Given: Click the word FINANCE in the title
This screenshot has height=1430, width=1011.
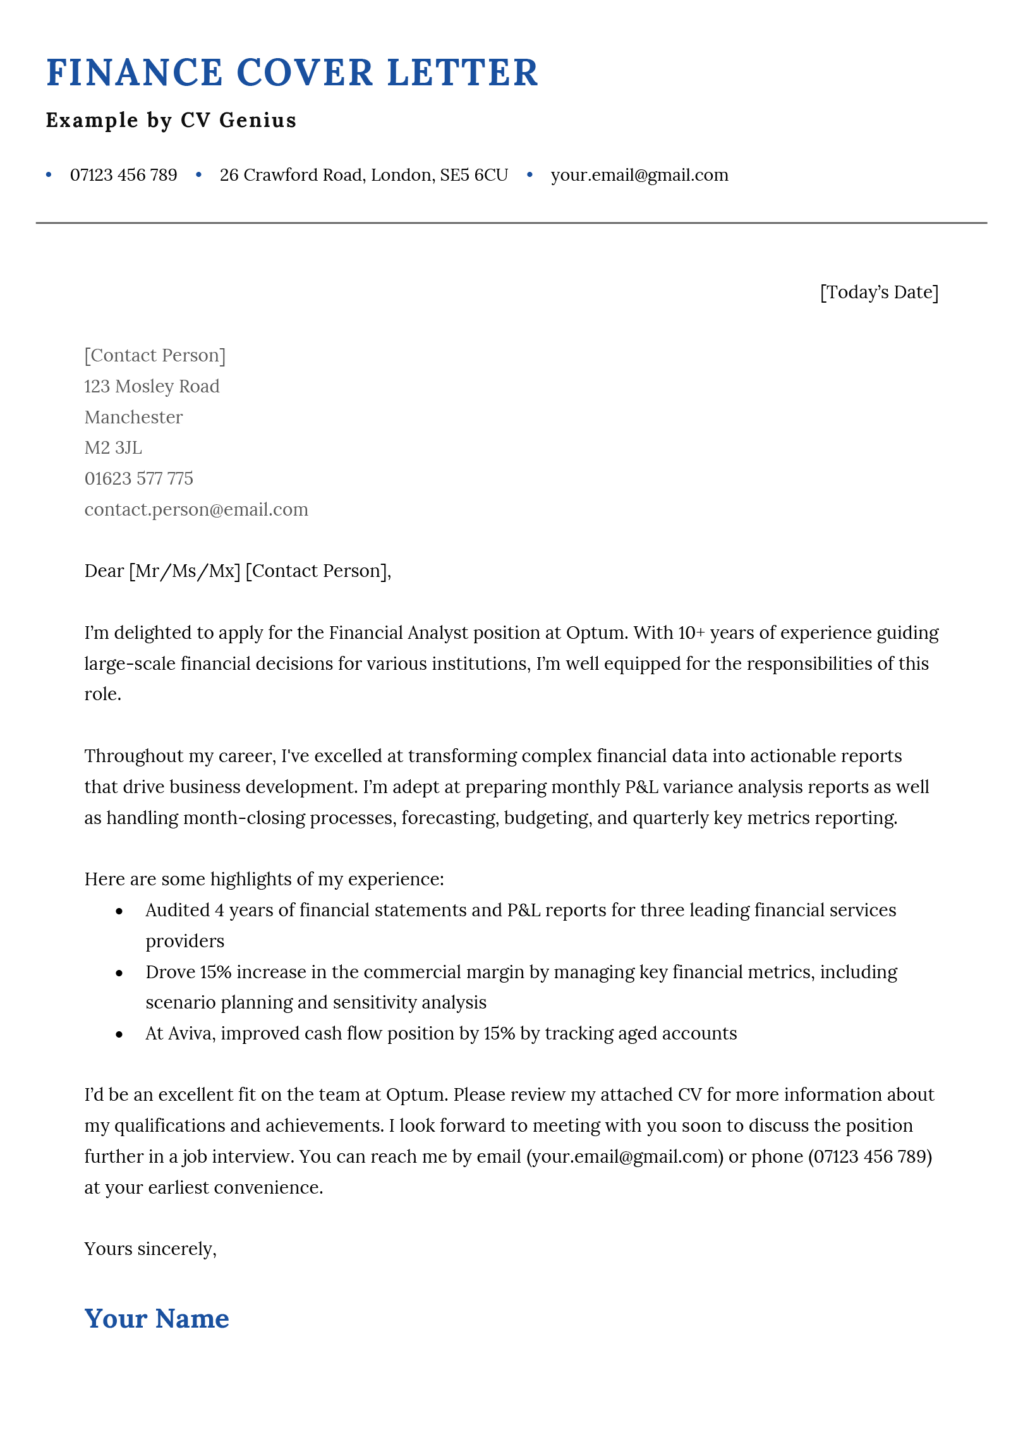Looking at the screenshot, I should coord(134,73).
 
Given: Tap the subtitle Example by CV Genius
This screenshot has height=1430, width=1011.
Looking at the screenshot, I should coord(171,120).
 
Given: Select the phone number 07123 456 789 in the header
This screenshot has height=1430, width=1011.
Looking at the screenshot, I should coord(123,175).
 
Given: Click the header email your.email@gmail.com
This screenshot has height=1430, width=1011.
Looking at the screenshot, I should coord(639,175).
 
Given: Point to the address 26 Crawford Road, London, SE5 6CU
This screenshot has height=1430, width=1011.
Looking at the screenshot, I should coord(363,175).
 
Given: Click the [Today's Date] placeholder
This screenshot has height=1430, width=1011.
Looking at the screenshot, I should coord(878,293).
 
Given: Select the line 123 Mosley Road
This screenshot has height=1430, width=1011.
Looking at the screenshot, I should coord(152,386).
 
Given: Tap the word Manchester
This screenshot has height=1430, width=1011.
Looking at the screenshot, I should coord(133,417).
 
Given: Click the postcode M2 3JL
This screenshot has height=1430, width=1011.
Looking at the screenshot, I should coord(113,448).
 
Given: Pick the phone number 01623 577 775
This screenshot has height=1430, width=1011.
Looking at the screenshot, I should coord(138,479).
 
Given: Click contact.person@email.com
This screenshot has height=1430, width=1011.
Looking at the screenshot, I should coord(196,510).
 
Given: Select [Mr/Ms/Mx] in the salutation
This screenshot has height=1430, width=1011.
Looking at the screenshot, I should coord(185,571).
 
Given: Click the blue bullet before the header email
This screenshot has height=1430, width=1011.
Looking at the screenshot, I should coord(530,174).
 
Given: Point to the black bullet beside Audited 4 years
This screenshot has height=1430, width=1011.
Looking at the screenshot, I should coord(119,911).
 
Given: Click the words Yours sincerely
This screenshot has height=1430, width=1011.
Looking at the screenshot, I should coord(150,1249).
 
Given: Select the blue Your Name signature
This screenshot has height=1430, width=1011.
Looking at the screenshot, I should coord(157,1319).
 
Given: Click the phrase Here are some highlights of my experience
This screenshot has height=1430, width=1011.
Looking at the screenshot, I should coord(263,880).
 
